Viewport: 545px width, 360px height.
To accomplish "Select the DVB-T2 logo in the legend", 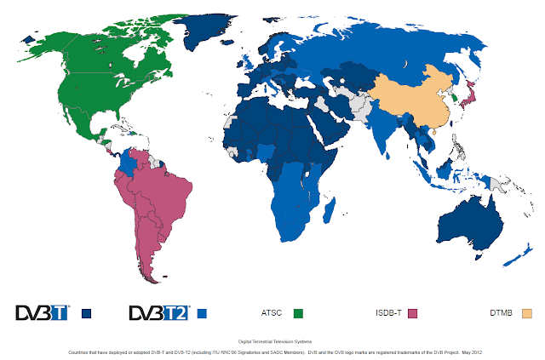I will (158, 312).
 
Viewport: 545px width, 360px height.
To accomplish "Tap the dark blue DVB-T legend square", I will (86, 313).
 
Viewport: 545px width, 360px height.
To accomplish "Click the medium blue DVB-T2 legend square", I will (202, 313).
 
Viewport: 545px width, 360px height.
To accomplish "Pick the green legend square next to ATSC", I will (298, 313).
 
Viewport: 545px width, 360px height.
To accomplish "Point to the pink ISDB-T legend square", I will (414, 313).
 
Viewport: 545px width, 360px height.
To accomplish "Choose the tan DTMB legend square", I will (526, 313).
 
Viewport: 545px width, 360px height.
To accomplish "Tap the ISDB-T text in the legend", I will (388, 313).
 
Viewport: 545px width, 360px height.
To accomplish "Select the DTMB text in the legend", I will (502, 313).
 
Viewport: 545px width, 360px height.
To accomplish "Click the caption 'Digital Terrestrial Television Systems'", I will (272, 340).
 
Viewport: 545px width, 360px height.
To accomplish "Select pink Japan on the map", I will (469, 94).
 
